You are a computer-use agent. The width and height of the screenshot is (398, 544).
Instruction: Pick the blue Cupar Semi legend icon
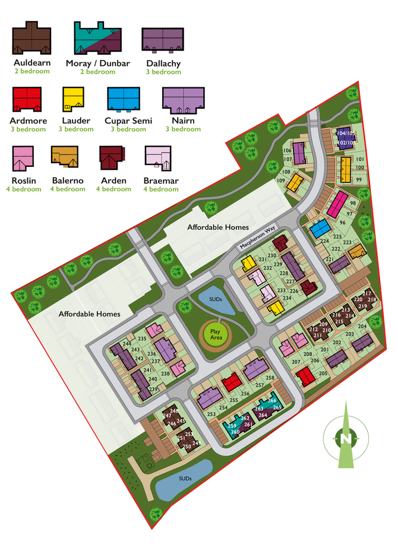tap(124, 99)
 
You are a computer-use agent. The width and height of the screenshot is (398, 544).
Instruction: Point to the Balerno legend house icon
tap(66, 157)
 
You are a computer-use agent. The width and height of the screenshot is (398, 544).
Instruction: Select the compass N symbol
tap(345, 439)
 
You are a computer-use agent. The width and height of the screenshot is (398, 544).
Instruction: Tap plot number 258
tap(270, 378)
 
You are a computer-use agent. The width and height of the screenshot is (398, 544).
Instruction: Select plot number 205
tap(323, 373)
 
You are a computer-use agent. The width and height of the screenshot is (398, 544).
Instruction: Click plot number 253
tap(211, 414)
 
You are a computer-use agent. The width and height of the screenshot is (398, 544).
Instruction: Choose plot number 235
tap(142, 339)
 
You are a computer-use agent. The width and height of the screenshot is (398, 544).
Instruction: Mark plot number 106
tap(288, 151)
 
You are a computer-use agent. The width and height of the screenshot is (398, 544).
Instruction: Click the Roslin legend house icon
tap(23, 158)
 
